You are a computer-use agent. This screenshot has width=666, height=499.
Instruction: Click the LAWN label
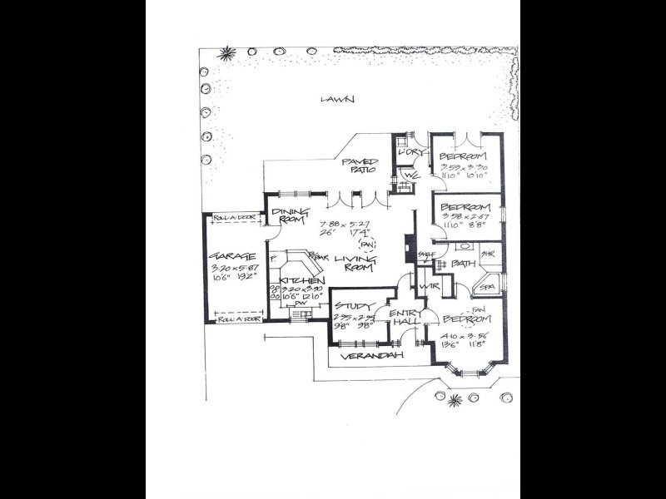click(x=338, y=100)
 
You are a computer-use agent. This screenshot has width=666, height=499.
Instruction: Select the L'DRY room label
click(x=411, y=154)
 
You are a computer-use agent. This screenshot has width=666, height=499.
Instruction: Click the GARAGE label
click(x=225, y=255)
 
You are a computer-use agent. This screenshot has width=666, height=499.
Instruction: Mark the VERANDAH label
click(x=376, y=355)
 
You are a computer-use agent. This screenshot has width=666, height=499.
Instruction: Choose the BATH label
click(x=464, y=264)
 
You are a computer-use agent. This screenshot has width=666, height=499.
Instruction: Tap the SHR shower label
click(x=489, y=253)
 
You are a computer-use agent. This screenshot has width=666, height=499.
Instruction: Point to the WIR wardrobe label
click(x=430, y=286)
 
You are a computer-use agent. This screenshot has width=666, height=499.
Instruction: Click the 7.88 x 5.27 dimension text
click(x=345, y=224)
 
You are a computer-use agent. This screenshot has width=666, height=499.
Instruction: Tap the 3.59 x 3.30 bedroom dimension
click(x=465, y=167)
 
